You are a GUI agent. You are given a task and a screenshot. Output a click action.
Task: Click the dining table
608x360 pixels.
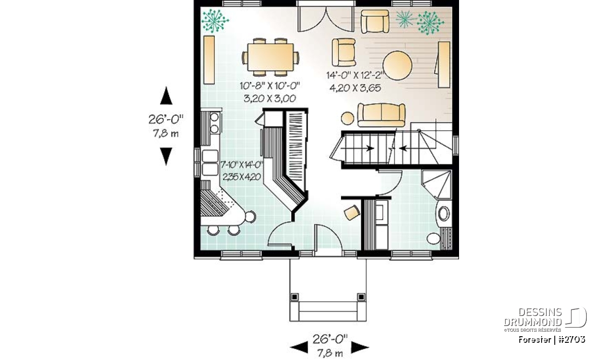(271, 57)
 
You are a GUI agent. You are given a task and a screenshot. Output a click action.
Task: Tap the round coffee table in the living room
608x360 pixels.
(397, 65)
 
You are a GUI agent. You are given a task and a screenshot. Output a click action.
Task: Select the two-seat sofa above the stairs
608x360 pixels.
(382, 115)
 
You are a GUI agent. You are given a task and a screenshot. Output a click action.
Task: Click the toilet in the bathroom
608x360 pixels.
(434, 238)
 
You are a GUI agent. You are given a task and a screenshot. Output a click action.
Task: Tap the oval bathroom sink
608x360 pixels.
(444, 214)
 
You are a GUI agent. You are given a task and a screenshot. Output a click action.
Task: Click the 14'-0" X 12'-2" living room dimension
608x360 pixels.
(355, 75)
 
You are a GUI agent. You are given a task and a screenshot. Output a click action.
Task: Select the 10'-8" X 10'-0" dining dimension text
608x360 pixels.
(270, 86)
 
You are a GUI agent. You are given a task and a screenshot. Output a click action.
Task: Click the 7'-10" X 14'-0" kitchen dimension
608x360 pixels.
(242, 165)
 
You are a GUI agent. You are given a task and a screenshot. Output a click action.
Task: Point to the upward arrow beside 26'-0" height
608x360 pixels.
(166, 96)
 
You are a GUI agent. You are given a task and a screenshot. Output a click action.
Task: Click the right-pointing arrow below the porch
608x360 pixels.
(360, 347)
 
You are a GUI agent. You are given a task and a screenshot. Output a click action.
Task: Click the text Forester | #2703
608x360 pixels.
(552, 340)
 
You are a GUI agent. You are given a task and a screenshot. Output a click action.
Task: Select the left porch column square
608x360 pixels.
(294, 297)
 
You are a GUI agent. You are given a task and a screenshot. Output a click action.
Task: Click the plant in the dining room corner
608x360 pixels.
(215, 21)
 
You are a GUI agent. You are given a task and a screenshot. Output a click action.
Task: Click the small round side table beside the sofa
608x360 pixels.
(348, 118)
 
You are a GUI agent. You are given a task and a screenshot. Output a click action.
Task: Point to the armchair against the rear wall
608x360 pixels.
(374, 22)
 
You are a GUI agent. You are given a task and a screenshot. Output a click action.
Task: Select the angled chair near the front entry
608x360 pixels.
(352, 213)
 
